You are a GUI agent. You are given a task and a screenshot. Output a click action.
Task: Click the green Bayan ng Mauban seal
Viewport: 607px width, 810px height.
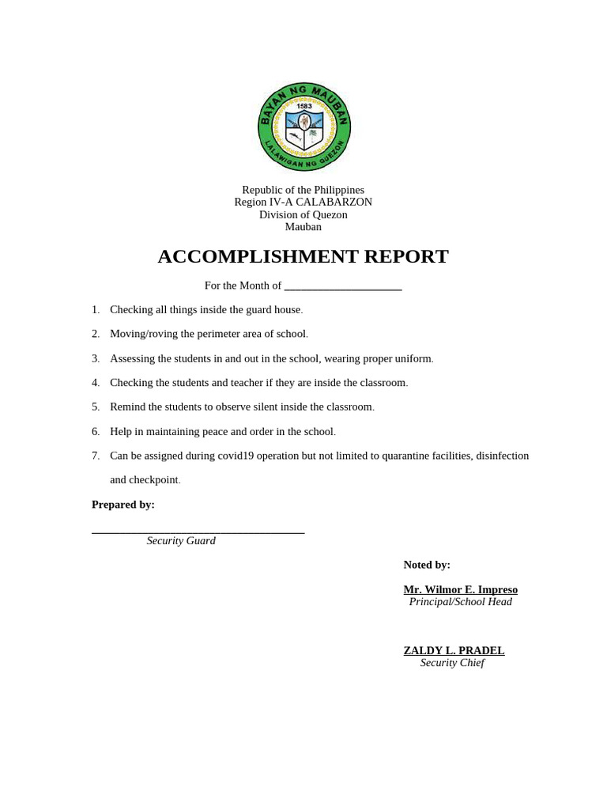304,127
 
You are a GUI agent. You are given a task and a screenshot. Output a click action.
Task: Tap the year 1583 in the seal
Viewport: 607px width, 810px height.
304,106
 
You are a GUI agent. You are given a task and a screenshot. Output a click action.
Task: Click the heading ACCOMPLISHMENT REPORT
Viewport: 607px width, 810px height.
303,256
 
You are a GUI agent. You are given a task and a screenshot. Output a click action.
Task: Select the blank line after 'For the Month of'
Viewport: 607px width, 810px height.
343,286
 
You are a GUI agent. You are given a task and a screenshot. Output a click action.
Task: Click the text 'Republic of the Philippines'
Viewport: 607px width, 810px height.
303,190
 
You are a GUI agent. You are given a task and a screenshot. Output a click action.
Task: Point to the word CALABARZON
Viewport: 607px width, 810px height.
334,202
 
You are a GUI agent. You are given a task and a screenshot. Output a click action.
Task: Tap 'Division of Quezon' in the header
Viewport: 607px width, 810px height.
303,214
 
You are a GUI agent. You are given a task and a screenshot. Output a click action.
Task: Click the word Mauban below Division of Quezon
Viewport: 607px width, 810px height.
303,227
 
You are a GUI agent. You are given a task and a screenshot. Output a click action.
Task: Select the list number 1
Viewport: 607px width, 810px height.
95,309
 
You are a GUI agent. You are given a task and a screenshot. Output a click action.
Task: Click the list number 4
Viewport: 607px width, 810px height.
95,383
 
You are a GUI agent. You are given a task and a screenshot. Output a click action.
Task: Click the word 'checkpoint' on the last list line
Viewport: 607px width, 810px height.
155,479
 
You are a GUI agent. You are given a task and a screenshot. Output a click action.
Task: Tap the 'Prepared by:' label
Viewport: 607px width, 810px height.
123,505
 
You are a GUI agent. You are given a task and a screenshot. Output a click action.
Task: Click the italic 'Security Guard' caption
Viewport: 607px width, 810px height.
181,541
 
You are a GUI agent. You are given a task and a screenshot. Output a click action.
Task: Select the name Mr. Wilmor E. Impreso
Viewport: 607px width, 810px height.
460,589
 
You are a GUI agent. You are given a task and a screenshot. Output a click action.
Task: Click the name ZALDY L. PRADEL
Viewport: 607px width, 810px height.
454,650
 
